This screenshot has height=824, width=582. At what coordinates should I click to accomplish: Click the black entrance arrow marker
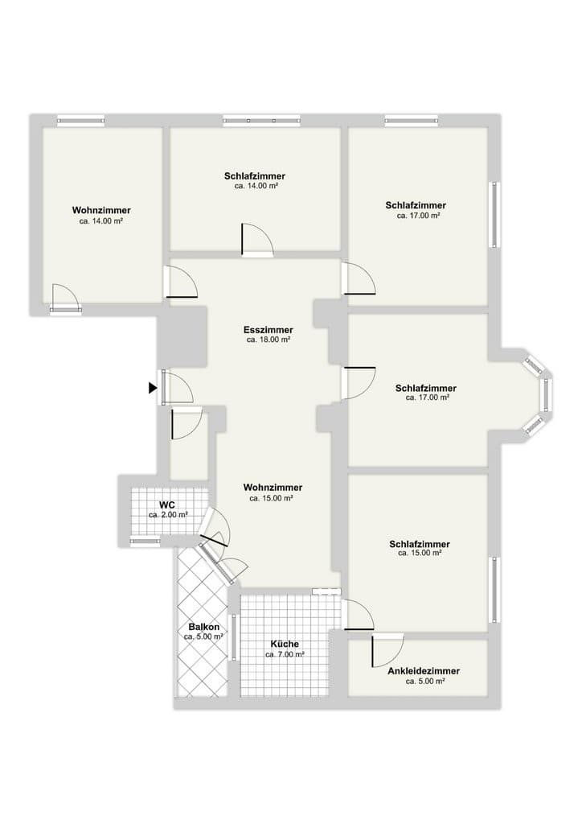click(x=152, y=388)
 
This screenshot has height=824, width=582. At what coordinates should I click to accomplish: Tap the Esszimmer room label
click(x=268, y=330)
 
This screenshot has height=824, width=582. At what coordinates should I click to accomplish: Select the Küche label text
click(x=285, y=645)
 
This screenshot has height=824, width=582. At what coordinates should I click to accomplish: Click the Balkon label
click(x=203, y=627)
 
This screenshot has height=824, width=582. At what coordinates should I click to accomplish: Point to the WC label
click(x=167, y=505)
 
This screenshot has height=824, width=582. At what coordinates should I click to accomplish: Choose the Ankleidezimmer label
click(x=424, y=671)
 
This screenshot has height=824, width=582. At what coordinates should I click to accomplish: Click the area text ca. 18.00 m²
click(x=268, y=340)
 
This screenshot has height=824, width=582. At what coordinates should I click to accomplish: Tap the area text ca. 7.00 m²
click(x=285, y=655)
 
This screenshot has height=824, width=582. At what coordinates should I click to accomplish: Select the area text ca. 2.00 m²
click(x=168, y=515)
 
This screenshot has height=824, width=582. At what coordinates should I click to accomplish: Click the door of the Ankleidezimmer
click(x=388, y=650)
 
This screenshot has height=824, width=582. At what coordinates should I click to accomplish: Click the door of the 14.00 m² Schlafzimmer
click(x=257, y=239)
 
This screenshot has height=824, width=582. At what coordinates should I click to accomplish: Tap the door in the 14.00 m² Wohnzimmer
click(x=65, y=298)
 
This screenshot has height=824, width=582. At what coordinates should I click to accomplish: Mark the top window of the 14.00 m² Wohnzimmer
click(x=80, y=121)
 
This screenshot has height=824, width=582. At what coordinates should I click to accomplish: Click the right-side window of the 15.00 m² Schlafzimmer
click(x=495, y=588)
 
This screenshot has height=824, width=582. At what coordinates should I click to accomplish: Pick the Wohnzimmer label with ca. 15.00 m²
click(x=273, y=488)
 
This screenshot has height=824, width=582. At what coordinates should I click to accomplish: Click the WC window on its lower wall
click(x=145, y=542)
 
